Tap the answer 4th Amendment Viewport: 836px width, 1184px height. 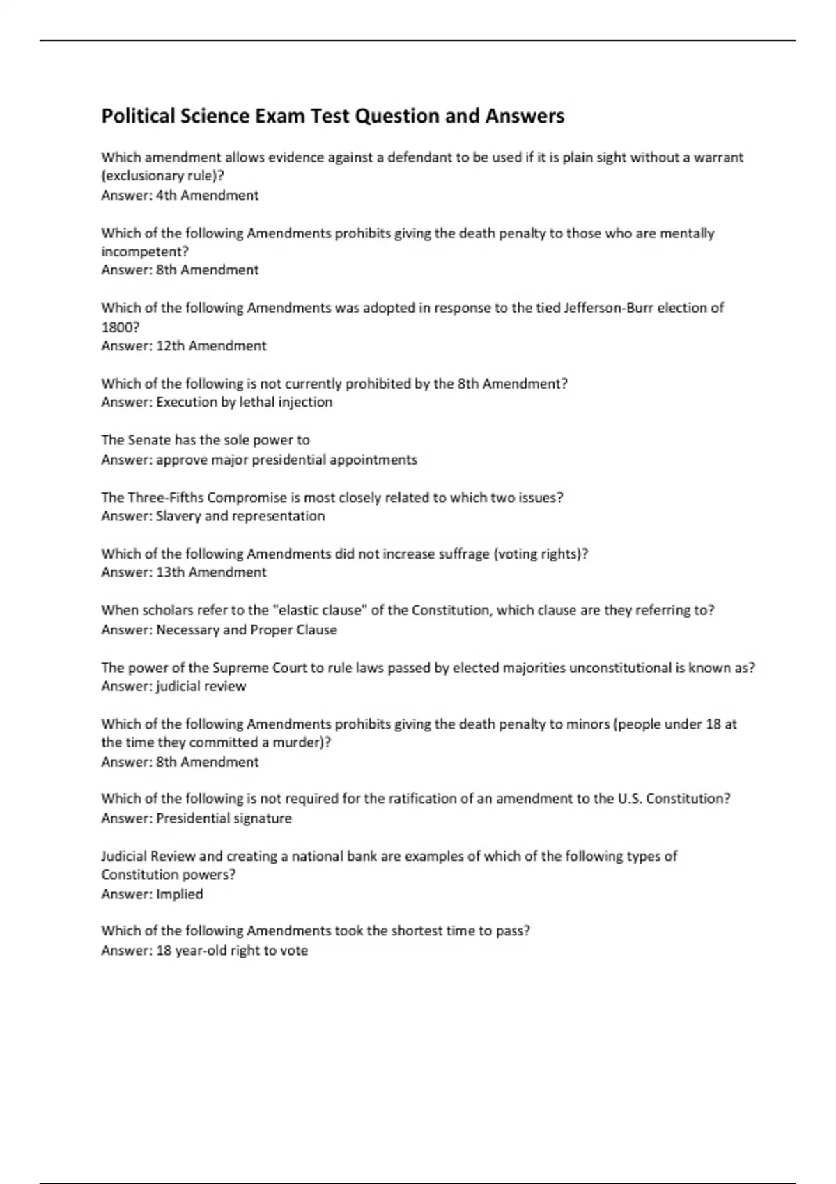[x=207, y=196]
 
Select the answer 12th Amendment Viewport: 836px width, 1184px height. [x=211, y=346]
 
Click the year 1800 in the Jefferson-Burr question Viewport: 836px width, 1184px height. [x=116, y=327]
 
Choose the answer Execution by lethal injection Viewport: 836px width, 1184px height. [x=244, y=403]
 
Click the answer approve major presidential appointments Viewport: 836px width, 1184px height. [x=286, y=460]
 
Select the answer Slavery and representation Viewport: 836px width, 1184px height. [x=240, y=516]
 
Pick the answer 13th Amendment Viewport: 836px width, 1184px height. [x=211, y=572]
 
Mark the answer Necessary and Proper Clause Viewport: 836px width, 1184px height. [x=246, y=630]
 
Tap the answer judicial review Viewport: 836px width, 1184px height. [x=201, y=687]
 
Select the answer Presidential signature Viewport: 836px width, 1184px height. [x=224, y=819]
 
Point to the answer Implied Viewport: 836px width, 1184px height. [x=180, y=894]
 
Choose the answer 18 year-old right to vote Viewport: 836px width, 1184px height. [x=231, y=951]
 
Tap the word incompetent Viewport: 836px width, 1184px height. [x=144, y=252]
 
